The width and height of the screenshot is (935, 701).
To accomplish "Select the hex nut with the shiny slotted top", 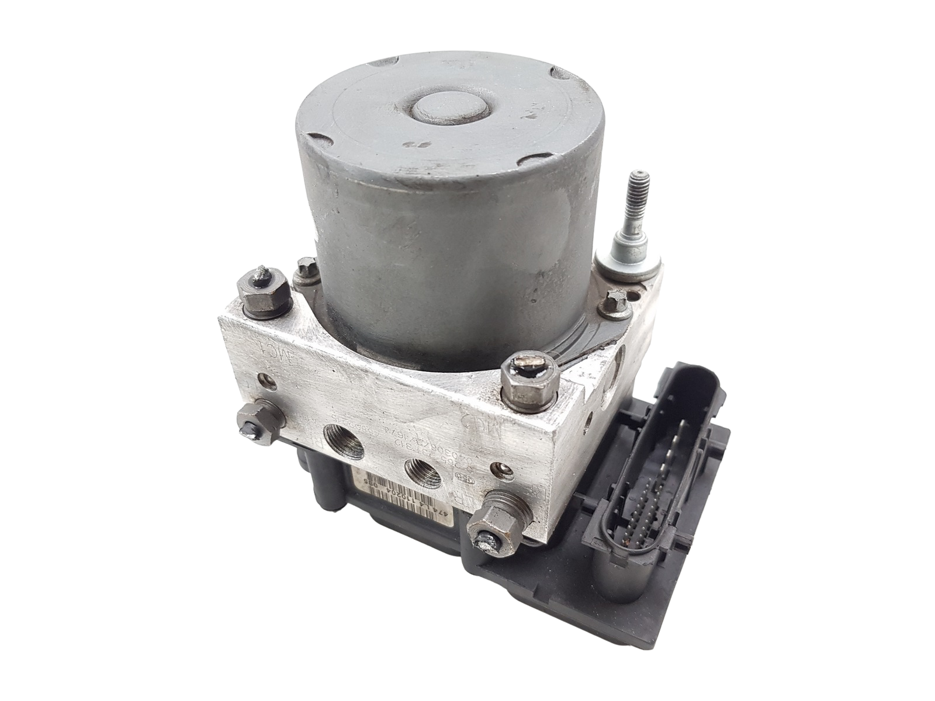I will [x=528, y=376].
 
